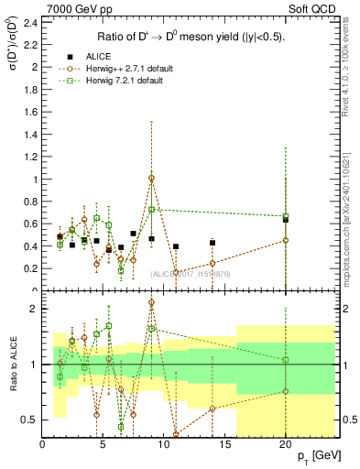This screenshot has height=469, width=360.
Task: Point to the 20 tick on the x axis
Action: pyautogui.click(x=286, y=444)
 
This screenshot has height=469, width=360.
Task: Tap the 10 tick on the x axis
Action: pyautogui.click(x=164, y=444)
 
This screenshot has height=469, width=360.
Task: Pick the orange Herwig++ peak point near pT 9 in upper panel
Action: pyautogui.click(x=152, y=178)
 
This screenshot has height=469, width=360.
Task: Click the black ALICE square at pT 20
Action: pyautogui.click(x=286, y=220)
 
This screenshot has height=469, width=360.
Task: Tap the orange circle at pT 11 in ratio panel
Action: pyautogui.click(x=176, y=434)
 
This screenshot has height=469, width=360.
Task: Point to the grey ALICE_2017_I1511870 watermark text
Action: pyautogui.click(x=191, y=274)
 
